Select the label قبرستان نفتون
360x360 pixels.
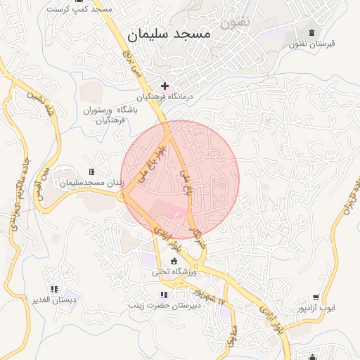(x=311, y=44)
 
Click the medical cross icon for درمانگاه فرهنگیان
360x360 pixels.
(x=165, y=85)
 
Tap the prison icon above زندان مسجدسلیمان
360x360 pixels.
(x=91, y=172)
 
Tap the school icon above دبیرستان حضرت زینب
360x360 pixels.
(x=164, y=295)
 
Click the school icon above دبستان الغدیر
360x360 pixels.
(x=54, y=289)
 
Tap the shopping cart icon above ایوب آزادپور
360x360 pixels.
(x=316, y=297)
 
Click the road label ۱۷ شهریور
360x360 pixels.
(x=209, y=296)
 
